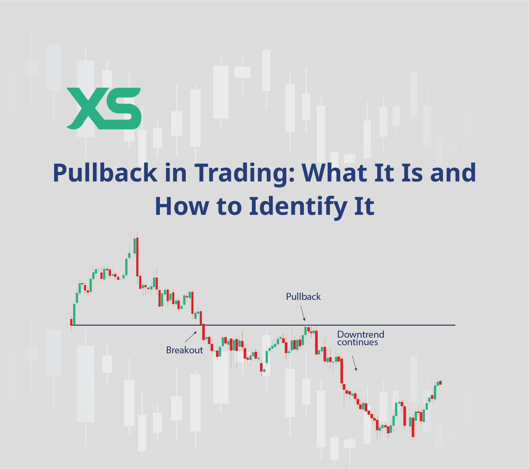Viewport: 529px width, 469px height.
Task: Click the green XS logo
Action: [104, 108]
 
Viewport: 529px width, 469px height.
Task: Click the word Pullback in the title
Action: [105, 173]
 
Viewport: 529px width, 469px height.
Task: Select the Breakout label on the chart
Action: [185, 350]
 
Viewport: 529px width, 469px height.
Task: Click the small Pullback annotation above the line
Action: [303, 297]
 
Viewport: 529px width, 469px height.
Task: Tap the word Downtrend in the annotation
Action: [361, 334]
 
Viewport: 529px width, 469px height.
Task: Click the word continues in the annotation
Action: [358, 342]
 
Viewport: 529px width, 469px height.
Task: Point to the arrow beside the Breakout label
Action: [191, 337]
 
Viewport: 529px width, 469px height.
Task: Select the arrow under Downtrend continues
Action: [355, 363]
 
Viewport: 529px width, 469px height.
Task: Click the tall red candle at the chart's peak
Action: [137, 257]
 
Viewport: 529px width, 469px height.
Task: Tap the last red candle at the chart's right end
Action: [440, 383]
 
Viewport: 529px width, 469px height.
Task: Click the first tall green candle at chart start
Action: [74, 314]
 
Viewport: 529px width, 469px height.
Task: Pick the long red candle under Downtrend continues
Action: [341, 370]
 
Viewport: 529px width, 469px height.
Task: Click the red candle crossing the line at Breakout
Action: [203, 332]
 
